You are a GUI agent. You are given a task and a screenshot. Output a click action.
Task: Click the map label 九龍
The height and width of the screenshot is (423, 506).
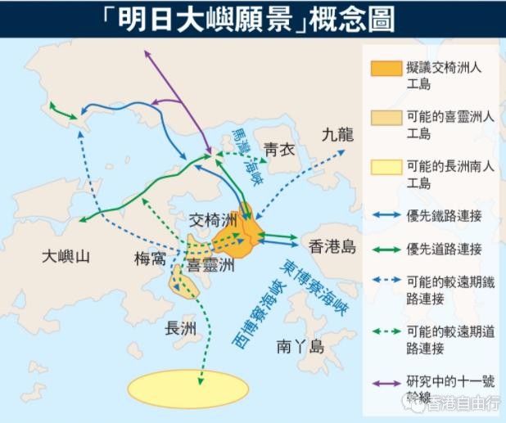tap(337, 134)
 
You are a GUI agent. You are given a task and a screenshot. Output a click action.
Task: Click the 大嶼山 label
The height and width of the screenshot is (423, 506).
tap(66, 257)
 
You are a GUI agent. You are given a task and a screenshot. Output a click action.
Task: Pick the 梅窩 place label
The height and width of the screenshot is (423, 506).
tap(151, 259)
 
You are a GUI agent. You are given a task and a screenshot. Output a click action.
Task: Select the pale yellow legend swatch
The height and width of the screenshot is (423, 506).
tap(386, 167)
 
